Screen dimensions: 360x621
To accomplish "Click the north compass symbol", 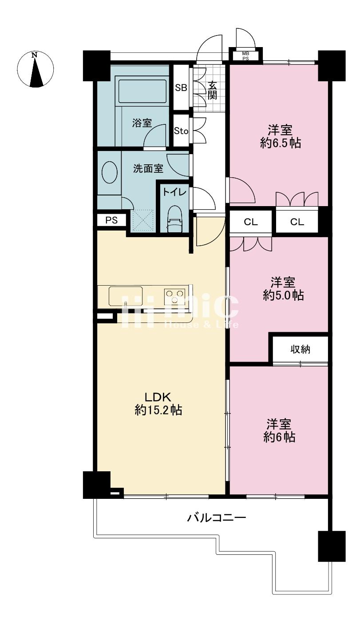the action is [35, 69].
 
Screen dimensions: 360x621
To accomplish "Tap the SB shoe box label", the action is [181, 88].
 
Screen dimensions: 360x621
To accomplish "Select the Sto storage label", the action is [181, 131].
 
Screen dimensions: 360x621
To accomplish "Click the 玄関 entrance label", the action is [212, 90].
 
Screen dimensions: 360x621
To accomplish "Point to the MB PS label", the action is [245, 56].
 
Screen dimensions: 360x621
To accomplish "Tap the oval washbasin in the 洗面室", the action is [109, 172].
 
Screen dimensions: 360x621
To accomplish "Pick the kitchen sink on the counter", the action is [126, 296].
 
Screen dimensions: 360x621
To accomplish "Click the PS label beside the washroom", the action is [112, 220].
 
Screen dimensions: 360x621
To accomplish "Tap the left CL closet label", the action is [250, 222].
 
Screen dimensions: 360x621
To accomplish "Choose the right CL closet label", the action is [297, 222].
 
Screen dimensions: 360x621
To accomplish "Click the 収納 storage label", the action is [300, 350].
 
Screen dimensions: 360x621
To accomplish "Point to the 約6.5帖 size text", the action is [280, 143].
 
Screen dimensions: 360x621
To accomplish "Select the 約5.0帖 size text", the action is [283, 295].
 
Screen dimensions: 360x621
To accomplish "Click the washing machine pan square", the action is [143, 220].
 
